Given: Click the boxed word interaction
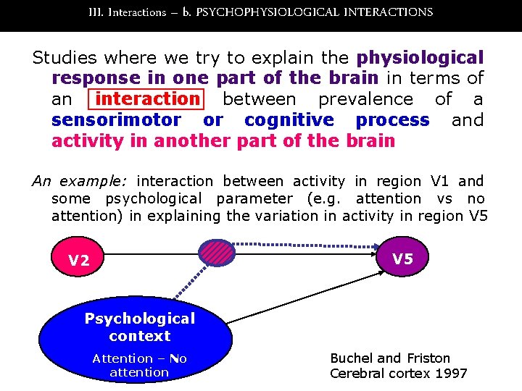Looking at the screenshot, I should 147,98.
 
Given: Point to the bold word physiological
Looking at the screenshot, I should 420,57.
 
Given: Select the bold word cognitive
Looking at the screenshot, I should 289,119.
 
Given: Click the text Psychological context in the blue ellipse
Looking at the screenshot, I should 139,327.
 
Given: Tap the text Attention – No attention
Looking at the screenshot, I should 139,365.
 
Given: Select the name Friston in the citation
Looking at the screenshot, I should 426,358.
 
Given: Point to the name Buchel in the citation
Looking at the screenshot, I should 352,358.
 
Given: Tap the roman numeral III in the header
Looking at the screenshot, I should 95,12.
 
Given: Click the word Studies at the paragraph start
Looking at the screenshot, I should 67,57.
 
